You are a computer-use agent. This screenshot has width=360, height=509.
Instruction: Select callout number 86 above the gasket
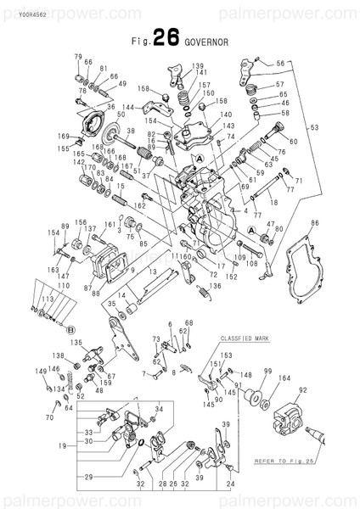[x=314, y=222]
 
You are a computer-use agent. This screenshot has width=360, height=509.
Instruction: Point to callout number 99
[x=267, y=372]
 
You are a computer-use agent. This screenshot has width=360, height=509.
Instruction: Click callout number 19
[x=63, y=445]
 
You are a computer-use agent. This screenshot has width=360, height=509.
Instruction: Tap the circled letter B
[x=72, y=328]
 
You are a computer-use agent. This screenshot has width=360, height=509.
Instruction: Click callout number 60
[x=293, y=141]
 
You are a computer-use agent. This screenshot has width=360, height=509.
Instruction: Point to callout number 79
[x=77, y=56]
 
